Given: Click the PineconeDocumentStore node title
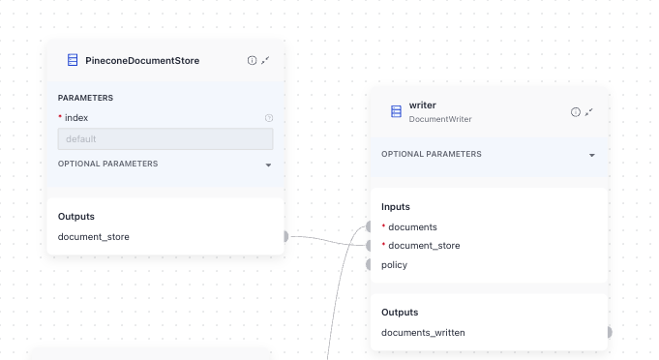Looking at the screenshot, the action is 141,60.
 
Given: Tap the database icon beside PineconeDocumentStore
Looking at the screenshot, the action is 73,60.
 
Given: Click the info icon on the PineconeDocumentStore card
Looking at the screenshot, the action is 252,60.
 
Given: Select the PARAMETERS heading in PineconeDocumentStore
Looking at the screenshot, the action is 85,98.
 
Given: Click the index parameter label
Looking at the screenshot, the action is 76,118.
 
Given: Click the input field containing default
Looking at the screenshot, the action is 165,139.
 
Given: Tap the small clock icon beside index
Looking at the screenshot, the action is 268,118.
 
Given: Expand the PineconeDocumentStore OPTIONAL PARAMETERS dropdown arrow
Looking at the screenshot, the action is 268,165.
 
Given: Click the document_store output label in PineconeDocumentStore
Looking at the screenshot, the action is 94,236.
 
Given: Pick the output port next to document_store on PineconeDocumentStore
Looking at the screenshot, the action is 285,236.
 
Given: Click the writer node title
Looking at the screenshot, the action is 423,105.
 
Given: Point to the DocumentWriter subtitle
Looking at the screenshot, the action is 440,119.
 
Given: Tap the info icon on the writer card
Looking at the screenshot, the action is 576,112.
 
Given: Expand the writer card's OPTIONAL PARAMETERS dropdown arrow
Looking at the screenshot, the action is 591,155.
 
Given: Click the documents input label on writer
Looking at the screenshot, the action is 412,226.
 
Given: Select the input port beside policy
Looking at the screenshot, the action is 370,264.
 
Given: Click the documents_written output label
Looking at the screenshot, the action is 423,333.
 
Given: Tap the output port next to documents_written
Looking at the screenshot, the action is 608,333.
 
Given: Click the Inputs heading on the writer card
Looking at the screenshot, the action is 396,206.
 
